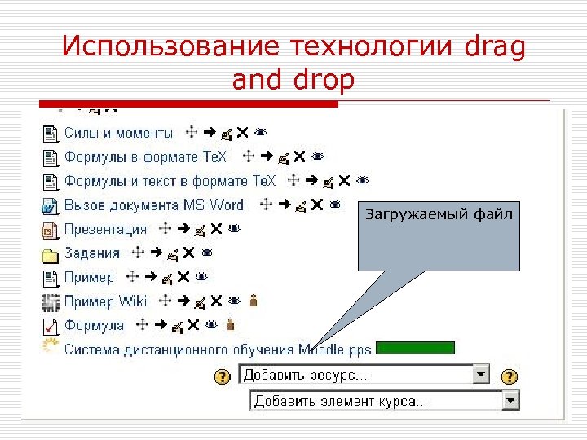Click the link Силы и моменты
tap(118, 133)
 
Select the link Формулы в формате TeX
tap(146, 156)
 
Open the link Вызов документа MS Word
tap(154, 205)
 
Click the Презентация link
tap(106, 229)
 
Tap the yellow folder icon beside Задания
tap(51, 254)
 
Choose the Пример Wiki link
tap(106, 301)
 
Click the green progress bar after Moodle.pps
tap(416, 349)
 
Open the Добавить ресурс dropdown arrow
tap(481, 375)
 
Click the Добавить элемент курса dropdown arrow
tap(510, 400)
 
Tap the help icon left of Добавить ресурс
tap(221, 376)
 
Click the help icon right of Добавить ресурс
tap(509, 376)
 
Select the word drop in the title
tap(326, 81)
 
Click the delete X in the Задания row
tap(188, 253)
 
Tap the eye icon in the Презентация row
tap(234, 229)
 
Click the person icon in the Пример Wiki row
tap(254, 301)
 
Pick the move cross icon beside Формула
tap(141, 325)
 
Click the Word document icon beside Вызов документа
tap(51, 205)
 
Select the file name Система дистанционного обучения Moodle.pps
tap(218, 350)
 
